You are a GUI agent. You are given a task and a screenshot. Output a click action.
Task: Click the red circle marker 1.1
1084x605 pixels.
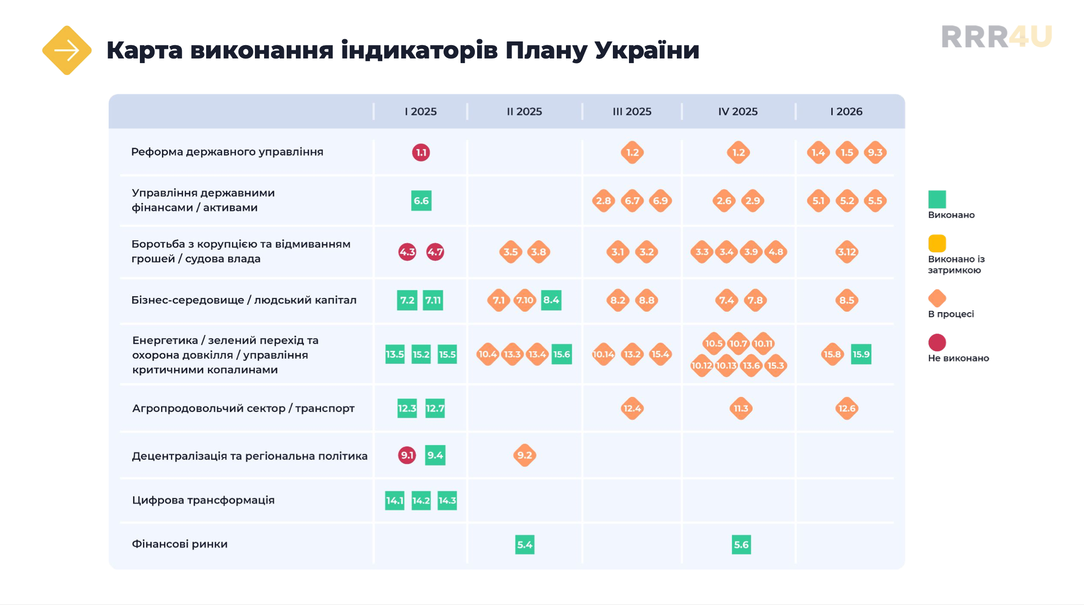click(421, 152)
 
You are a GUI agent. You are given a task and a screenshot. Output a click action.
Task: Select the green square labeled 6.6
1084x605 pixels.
click(421, 201)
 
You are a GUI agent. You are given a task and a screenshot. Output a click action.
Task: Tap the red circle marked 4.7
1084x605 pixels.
click(435, 252)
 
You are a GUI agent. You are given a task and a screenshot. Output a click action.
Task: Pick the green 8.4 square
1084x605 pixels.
click(551, 300)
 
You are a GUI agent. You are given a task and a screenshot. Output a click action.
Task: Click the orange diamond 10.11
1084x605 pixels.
click(763, 343)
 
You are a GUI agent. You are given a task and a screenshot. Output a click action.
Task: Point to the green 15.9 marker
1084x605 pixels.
click(861, 354)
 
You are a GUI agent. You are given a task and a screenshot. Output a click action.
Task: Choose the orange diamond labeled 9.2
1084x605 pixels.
click(525, 455)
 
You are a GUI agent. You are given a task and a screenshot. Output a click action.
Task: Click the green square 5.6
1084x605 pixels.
click(741, 545)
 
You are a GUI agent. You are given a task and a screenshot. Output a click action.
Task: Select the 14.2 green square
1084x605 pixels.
click(421, 500)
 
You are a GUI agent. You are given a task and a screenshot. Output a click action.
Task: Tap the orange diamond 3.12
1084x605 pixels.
click(847, 252)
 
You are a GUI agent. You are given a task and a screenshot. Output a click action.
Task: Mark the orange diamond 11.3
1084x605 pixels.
click(741, 408)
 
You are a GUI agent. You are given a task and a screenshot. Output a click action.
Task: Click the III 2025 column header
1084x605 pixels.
click(632, 111)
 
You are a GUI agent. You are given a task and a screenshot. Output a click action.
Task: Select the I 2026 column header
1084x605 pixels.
click(846, 111)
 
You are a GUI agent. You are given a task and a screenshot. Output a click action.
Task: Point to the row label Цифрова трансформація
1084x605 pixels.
click(203, 500)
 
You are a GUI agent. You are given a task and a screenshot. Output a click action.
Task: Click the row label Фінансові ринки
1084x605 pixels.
click(179, 544)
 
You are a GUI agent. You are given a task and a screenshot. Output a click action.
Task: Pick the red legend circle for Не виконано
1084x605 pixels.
click(937, 343)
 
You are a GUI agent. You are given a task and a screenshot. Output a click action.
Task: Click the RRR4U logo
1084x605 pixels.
click(997, 37)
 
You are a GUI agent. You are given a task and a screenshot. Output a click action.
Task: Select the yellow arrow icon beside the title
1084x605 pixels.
click(67, 50)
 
